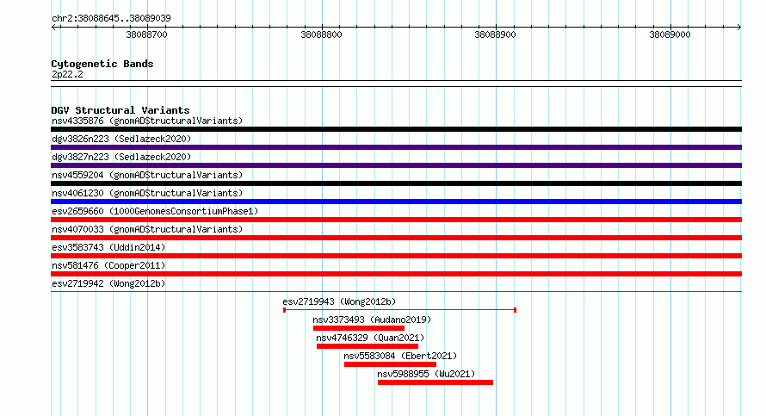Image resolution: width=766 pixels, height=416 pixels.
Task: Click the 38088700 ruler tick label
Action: coord(146,34)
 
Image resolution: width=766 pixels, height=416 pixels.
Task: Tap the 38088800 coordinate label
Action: coord(321,34)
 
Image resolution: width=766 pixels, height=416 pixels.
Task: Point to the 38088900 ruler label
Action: coord(496,34)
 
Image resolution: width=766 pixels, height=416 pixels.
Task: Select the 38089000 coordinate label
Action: coord(670,34)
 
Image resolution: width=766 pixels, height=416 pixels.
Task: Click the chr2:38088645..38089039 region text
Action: coord(111,18)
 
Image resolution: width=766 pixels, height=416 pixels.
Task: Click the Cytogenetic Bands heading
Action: coord(102,64)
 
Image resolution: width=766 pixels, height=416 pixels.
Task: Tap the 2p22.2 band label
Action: coord(67,74)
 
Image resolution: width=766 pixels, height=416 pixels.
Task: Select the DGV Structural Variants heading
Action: coord(120,110)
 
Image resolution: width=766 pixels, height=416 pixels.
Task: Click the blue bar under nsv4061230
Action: coord(396,202)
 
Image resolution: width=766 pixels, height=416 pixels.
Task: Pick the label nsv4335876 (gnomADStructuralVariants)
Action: coord(147,121)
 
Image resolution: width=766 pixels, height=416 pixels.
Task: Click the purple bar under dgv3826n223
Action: coord(396,147)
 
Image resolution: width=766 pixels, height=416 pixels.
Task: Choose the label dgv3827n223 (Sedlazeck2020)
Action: coord(121,157)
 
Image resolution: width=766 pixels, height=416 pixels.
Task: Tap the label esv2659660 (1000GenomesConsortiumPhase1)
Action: coord(155,211)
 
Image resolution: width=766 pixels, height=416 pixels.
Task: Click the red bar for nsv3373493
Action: coord(359,328)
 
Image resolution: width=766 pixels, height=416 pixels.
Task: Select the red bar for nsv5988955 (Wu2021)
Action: coord(436,382)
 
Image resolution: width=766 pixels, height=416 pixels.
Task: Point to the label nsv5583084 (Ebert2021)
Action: coord(400,356)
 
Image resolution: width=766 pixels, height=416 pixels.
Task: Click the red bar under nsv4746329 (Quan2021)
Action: coord(368,346)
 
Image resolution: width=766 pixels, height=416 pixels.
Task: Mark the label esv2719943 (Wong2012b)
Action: coord(339,301)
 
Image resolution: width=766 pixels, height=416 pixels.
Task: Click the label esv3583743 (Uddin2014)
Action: coord(108,247)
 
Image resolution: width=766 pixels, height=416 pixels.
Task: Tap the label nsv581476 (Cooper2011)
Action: coord(108,265)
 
